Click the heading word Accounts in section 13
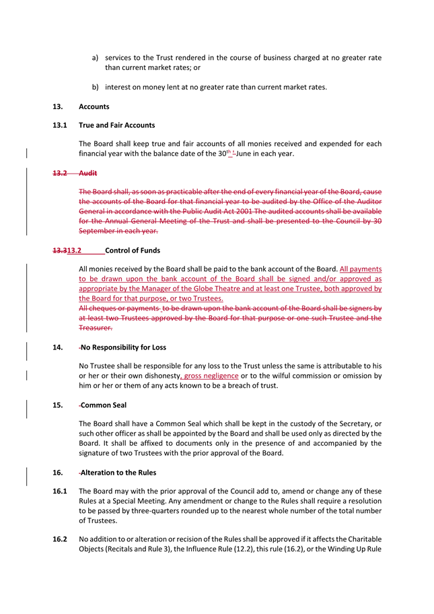(94, 106)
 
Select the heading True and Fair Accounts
(116, 125)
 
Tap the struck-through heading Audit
(88, 173)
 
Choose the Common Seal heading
(104, 405)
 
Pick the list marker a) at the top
(96, 58)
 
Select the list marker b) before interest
(96, 87)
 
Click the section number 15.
(57, 405)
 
